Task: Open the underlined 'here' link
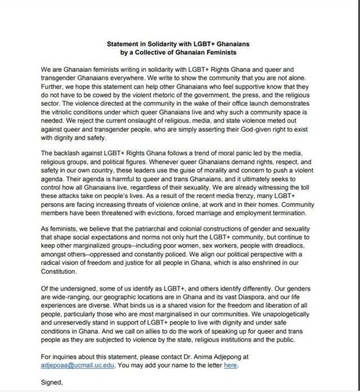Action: point(231,365)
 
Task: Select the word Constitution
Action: point(61,271)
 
